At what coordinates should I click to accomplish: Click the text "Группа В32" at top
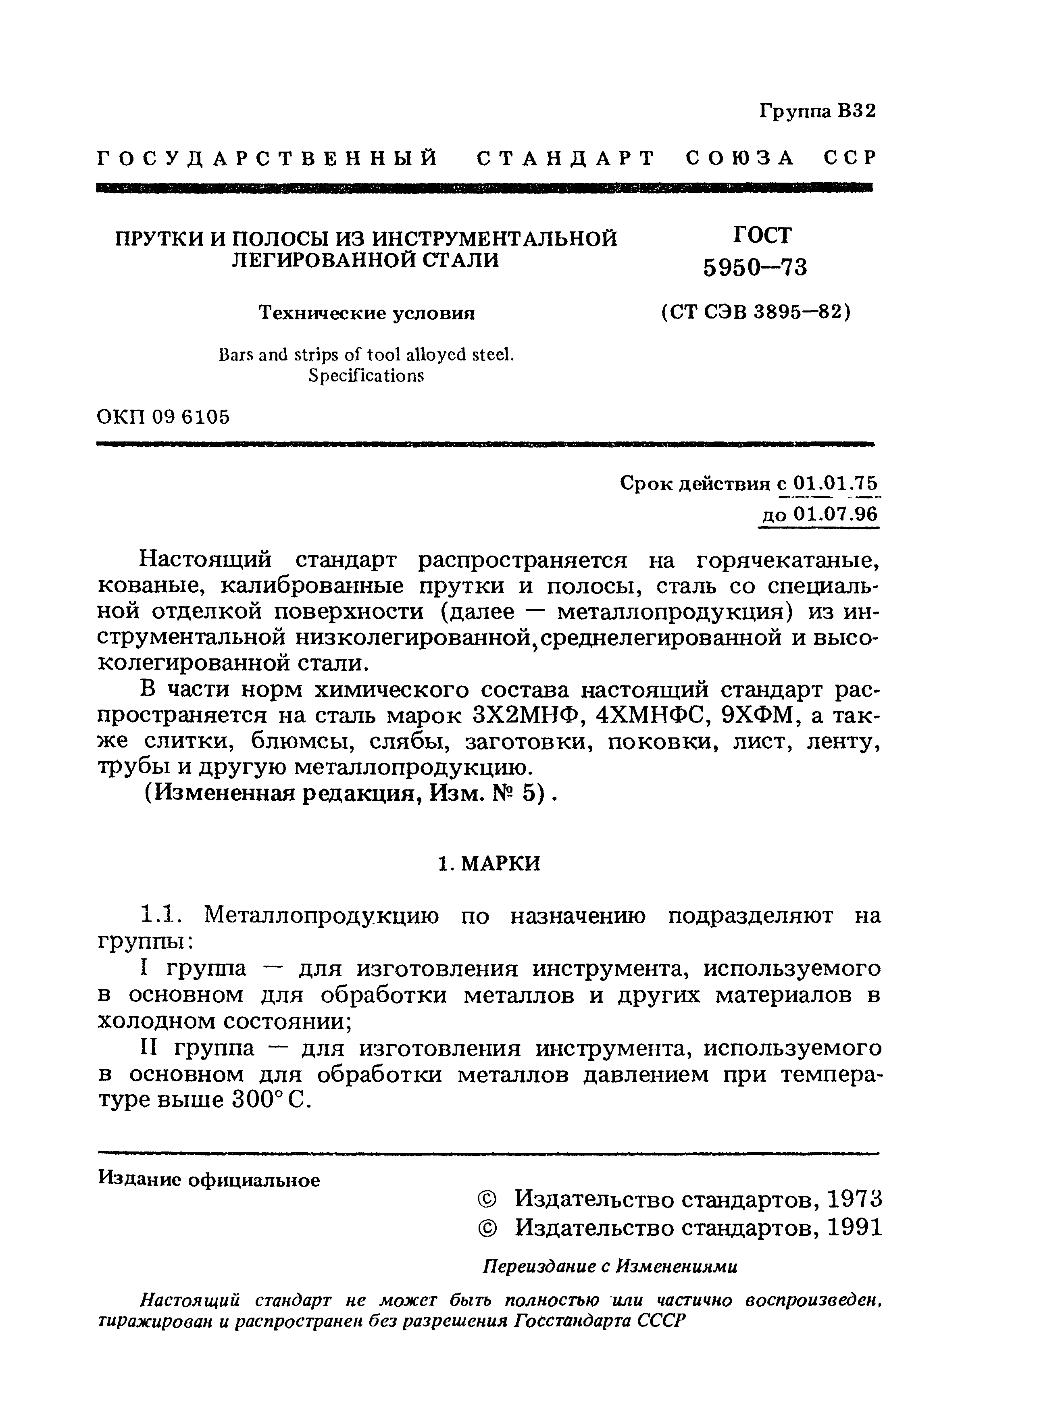[x=817, y=111]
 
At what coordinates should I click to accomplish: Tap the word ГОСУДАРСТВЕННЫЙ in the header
[x=268, y=158]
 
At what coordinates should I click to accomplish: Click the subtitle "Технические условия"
[x=367, y=312]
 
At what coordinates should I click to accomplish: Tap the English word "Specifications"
[x=366, y=375]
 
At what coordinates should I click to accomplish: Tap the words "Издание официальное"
[x=209, y=1180]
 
